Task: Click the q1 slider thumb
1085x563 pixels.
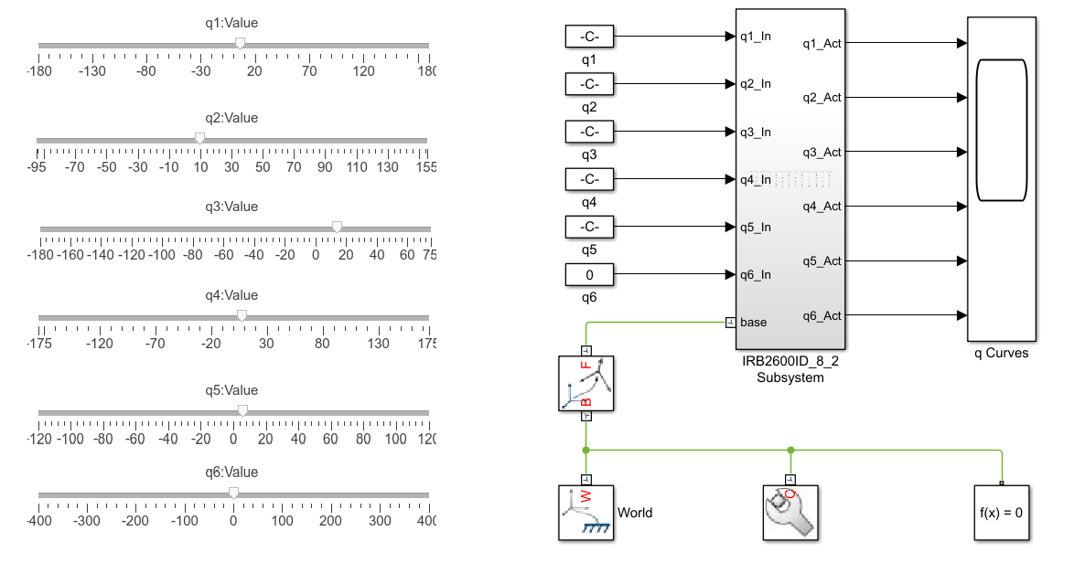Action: pos(240,44)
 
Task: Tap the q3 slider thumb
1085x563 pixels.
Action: pos(337,227)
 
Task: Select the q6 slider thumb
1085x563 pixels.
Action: pos(234,493)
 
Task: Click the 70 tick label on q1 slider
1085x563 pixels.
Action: pos(309,71)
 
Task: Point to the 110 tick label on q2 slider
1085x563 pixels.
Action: pos(357,166)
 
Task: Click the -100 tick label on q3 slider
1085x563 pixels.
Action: pos(161,254)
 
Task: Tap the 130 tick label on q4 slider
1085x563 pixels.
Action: pos(378,343)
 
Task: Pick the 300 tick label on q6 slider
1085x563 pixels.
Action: pos(380,521)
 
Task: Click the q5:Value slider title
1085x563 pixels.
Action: pos(231,390)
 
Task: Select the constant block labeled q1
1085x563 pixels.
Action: pos(589,37)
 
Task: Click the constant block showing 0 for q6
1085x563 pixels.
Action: pos(589,274)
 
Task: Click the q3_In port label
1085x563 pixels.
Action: pos(756,133)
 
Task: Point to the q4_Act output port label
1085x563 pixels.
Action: pos(822,207)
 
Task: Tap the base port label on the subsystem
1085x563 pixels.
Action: pos(754,323)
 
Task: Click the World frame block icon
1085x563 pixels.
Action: pos(586,513)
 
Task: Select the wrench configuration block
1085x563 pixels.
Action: pos(791,513)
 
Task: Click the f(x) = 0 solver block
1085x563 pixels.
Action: pos(1001,513)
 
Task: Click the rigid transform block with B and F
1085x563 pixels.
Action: pos(586,383)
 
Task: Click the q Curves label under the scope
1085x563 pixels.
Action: pos(1001,353)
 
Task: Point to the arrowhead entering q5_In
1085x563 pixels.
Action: pos(730,227)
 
